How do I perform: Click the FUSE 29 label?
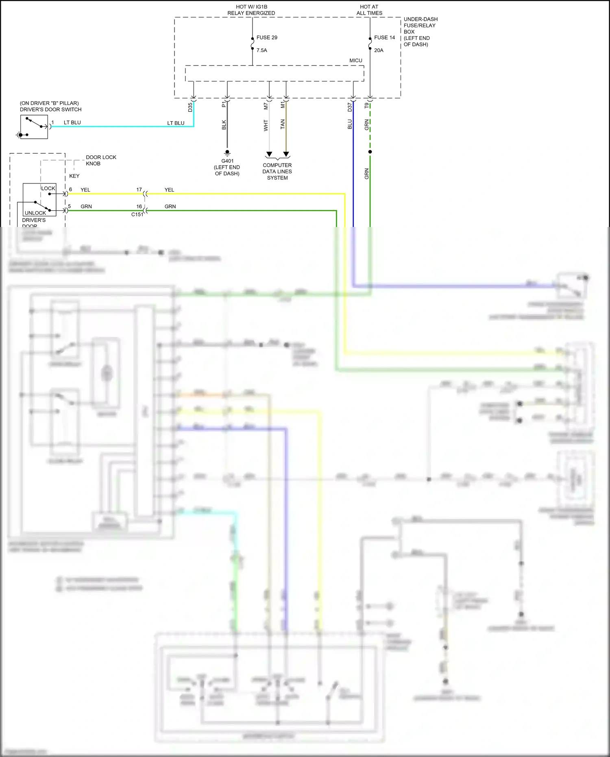[x=266, y=37]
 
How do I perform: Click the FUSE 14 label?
[x=384, y=37]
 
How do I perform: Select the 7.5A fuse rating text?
[x=261, y=50]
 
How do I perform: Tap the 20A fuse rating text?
[x=379, y=50]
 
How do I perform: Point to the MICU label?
[x=355, y=61]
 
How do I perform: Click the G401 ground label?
[x=227, y=161]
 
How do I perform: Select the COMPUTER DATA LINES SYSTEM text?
[x=277, y=171]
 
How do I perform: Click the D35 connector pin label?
[x=190, y=107]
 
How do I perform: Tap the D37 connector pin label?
[x=349, y=107]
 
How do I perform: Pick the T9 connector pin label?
[x=366, y=106]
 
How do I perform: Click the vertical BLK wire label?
[x=224, y=125]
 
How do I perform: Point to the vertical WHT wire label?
[x=266, y=125]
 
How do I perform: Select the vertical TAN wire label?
[x=283, y=124]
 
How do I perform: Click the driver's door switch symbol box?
[x=34, y=127]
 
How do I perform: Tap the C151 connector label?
[x=137, y=214]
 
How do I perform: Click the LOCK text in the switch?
[x=48, y=188]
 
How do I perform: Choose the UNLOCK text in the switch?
[x=35, y=213]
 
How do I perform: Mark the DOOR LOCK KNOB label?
[x=101, y=160]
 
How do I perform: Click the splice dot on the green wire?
[x=370, y=152]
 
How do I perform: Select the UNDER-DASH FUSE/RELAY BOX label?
[x=420, y=32]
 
